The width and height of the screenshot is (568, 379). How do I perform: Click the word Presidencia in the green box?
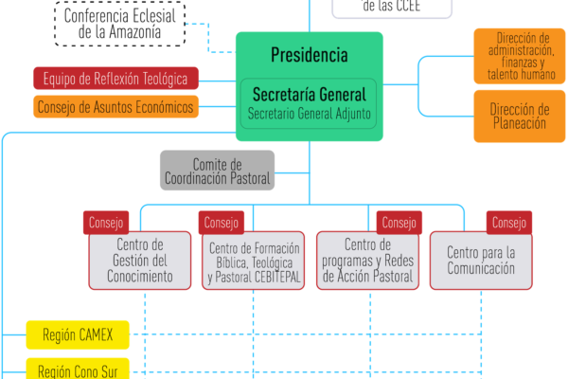click(309, 55)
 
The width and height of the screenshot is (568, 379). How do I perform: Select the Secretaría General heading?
click(309, 94)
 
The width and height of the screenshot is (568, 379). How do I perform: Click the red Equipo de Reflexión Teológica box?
click(115, 78)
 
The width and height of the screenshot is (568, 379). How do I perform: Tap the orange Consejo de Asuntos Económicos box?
click(115, 107)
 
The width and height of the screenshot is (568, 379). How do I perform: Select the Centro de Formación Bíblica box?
click(254, 262)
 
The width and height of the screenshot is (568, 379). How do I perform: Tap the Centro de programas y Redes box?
click(367, 261)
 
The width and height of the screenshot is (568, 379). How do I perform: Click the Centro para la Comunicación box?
click(480, 261)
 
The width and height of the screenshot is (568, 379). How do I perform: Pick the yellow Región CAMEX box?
click(78, 334)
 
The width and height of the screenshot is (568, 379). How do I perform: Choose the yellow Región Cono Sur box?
click(78, 369)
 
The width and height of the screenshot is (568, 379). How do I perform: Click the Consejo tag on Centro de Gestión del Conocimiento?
click(106, 223)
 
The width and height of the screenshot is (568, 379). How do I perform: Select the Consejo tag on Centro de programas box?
click(398, 223)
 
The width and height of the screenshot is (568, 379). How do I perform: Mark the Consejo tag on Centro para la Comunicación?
click(509, 223)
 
